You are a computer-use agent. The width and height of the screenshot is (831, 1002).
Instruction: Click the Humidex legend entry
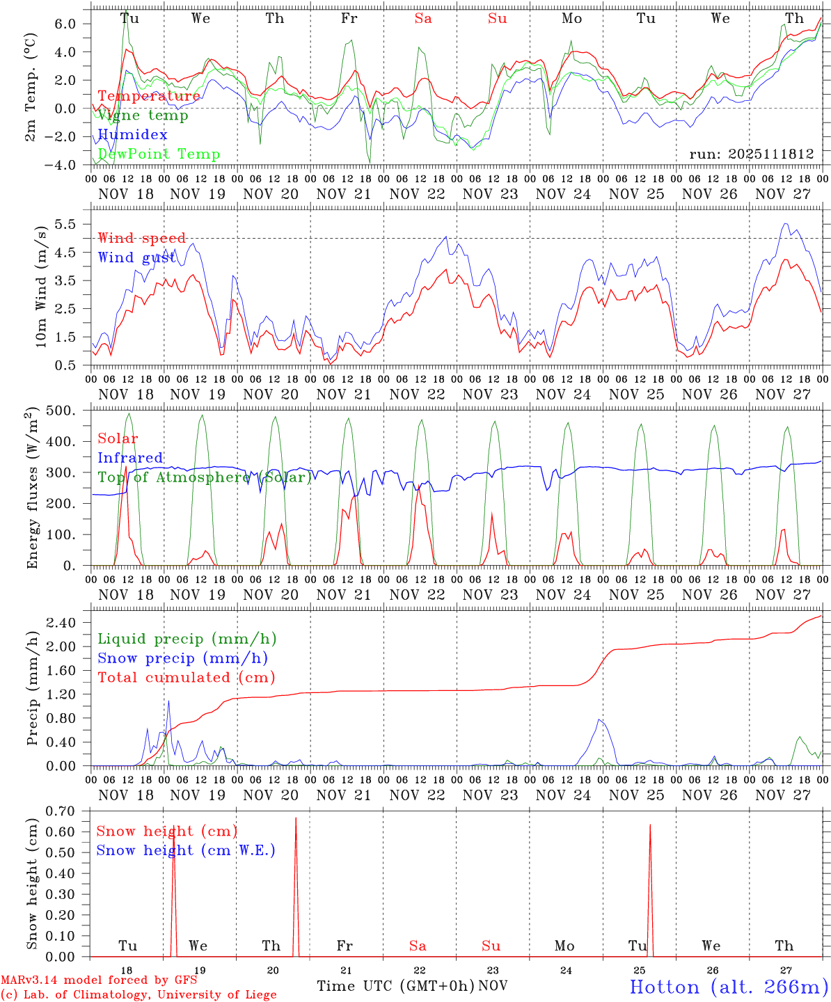(x=132, y=134)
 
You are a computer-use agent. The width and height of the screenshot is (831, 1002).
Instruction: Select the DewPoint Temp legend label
(x=159, y=154)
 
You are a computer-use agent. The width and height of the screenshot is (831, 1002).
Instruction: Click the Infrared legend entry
(x=130, y=458)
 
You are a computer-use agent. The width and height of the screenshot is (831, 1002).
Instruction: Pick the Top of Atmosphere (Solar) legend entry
(x=205, y=477)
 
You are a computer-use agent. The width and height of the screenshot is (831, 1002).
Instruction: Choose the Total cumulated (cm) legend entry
(x=186, y=677)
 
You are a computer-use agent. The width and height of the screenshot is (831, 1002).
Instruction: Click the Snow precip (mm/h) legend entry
(x=182, y=658)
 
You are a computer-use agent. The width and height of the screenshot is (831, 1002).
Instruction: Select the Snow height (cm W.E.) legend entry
(x=185, y=850)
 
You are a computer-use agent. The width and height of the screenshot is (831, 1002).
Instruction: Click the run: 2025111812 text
(x=752, y=154)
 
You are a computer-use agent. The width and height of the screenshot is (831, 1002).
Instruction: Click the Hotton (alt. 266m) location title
(x=728, y=987)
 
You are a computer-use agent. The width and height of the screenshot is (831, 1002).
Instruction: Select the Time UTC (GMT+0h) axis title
(x=395, y=986)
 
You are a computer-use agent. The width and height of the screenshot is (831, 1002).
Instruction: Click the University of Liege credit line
(x=139, y=995)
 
